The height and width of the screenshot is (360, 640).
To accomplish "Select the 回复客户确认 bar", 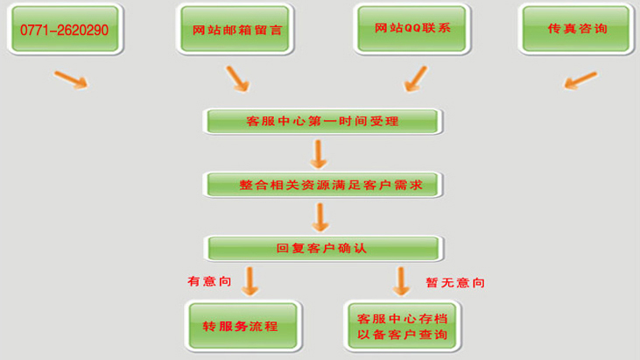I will [x=321, y=248].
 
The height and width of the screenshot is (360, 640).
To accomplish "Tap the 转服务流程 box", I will [x=241, y=326].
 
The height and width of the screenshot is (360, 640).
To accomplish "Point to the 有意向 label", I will [x=208, y=282].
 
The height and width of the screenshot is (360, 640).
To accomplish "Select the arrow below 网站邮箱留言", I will [x=237, y=78].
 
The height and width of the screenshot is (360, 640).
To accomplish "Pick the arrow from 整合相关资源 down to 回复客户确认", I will [x=319, y=215].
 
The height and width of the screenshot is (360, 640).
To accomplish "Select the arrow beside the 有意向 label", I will [x=251, y=279].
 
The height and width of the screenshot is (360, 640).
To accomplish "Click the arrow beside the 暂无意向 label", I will [x=402, y=279].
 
